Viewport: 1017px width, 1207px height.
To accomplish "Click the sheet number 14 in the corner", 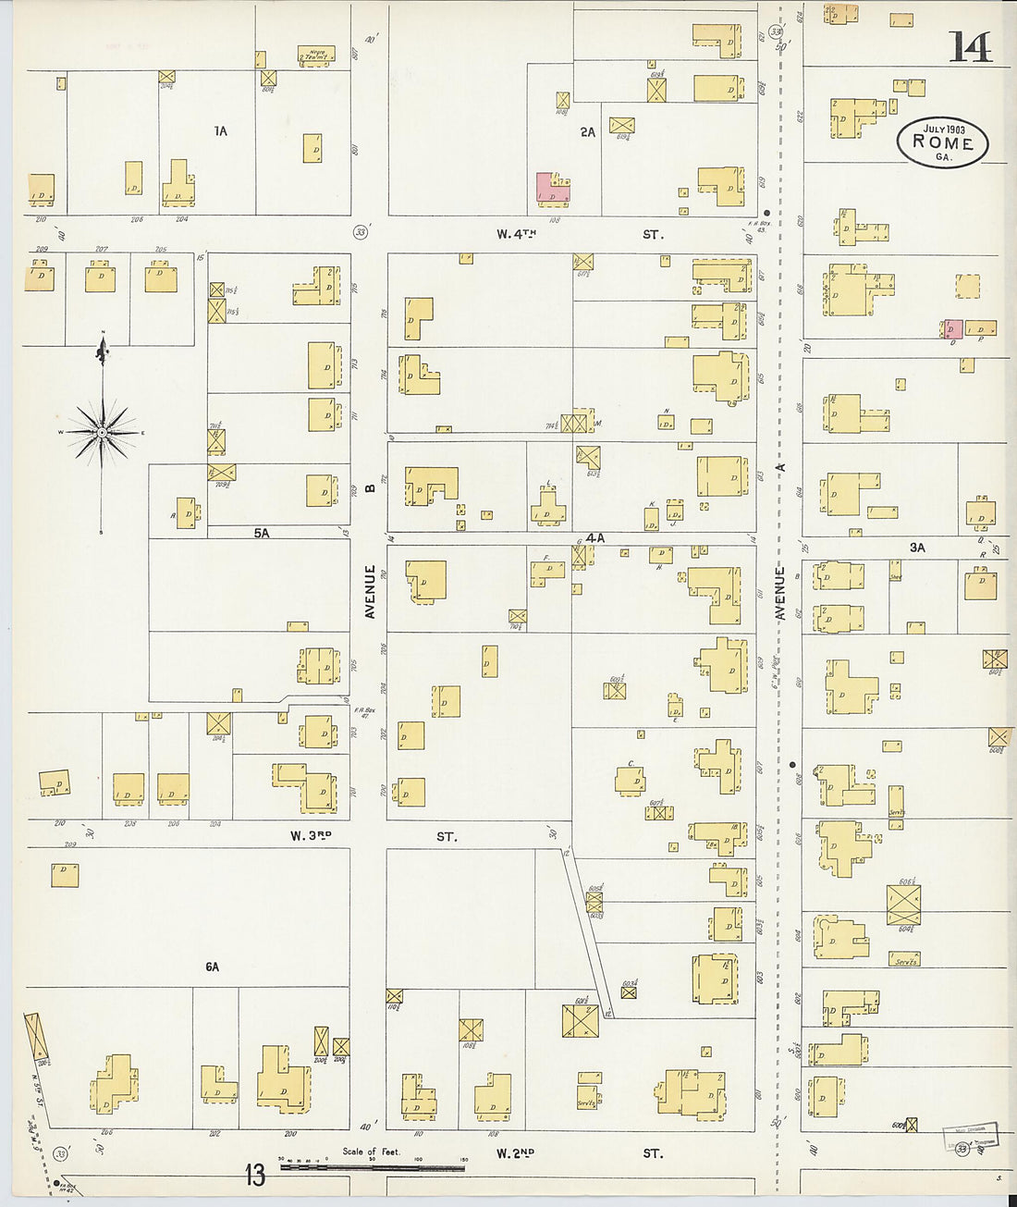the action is click(969, 47).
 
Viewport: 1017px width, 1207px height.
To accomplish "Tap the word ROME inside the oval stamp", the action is click(942, 142).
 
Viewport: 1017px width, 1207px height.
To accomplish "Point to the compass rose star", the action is click(104, 432).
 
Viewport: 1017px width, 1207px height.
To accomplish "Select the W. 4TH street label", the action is click(516, 235).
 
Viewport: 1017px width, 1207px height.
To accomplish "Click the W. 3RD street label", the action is click(311, 836).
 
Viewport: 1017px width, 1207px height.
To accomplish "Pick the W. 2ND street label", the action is click(515, 1153).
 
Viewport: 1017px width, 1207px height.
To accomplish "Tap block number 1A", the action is click(220, 131).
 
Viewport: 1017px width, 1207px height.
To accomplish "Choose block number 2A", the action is click(588, 132).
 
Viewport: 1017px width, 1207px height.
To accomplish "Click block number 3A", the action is click(916, 548).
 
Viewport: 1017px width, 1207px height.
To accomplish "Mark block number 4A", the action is click(595, 537).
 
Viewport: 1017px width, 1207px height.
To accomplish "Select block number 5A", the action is click(262, 533).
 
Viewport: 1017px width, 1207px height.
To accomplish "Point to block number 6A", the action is click(213, 967).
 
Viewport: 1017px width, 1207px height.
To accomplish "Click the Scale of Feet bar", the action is click(372, 1167).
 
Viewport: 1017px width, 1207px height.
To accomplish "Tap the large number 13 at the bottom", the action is click(255, 1175).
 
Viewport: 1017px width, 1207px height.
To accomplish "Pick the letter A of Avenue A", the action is click(779, 469).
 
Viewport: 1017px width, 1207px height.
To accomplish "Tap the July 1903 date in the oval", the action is click(942, 128).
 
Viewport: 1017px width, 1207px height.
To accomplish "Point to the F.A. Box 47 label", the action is click(362, 713).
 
